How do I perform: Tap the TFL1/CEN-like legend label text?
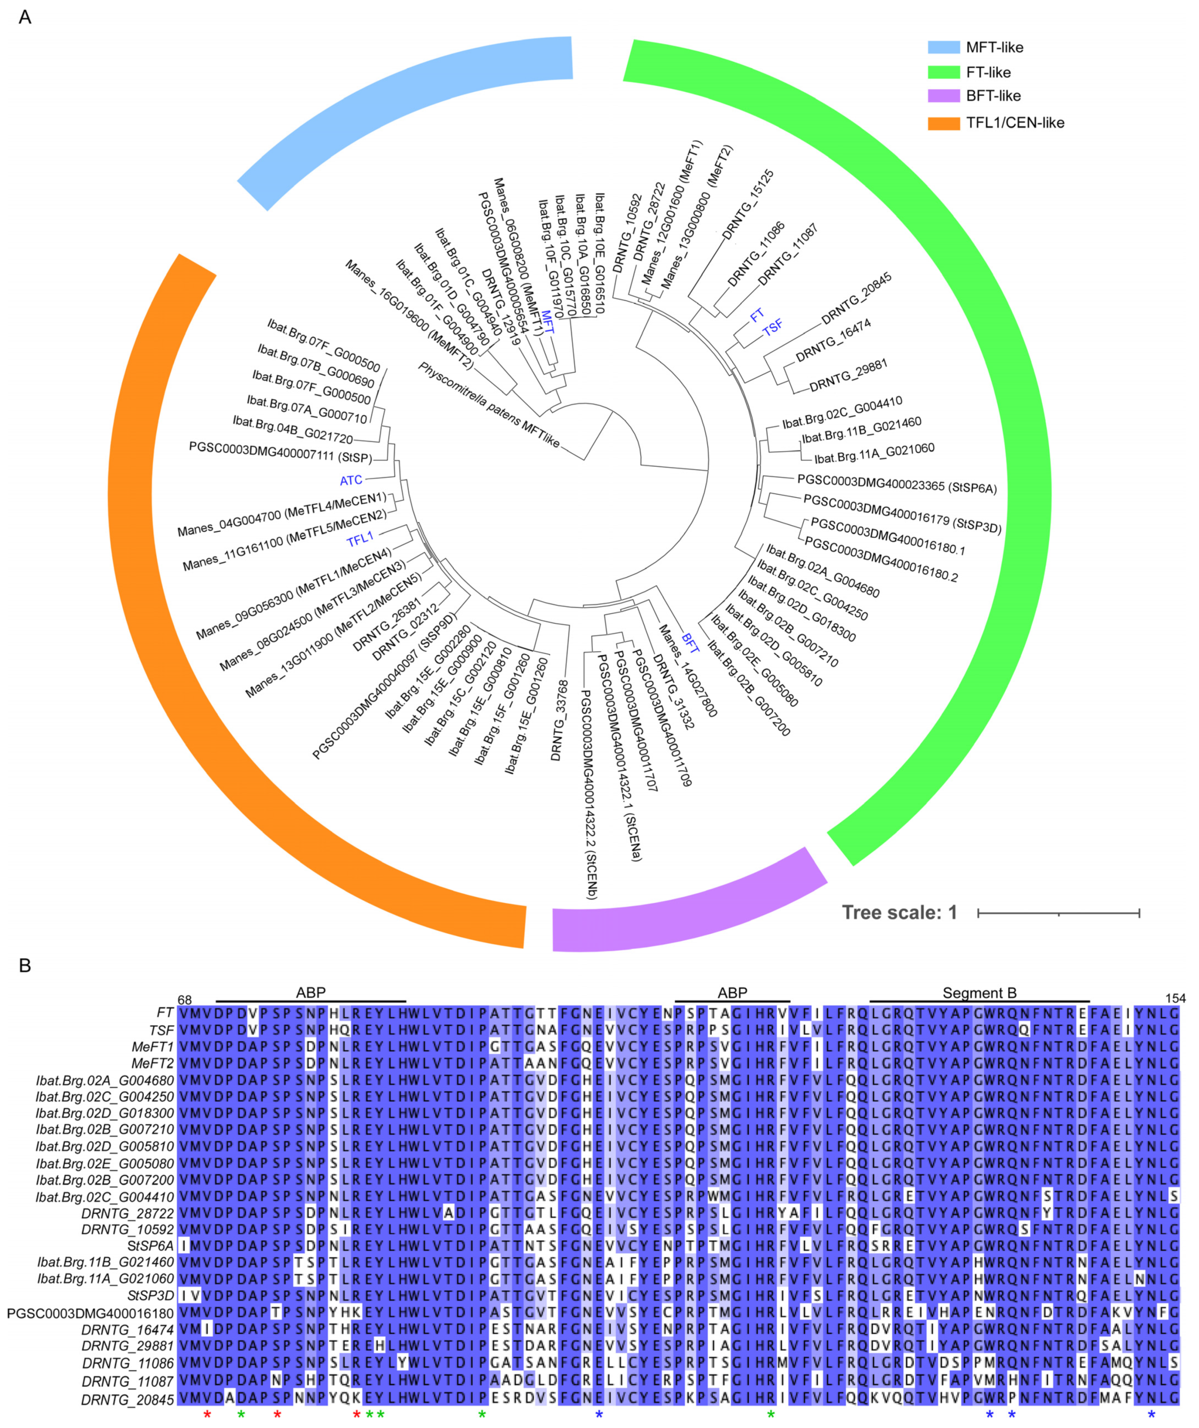[1015, 123]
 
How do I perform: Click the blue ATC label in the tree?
[351, 481]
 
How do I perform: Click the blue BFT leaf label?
[690, 642]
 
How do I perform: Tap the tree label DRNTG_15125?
[748, 205]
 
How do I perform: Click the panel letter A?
[25, 17]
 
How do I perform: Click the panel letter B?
[25, 966]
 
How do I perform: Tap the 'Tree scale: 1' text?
[899, 912]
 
